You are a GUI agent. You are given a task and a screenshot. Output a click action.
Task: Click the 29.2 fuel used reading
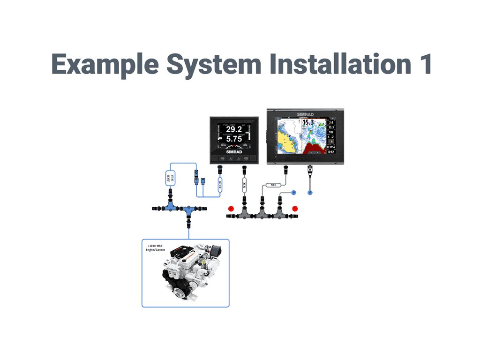pos(234,129)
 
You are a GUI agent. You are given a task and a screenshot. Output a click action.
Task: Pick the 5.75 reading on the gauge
pos(234,139)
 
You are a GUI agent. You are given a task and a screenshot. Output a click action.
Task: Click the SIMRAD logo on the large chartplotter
pos(307,113)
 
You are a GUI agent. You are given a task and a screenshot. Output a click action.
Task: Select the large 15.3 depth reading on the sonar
pos(308,123)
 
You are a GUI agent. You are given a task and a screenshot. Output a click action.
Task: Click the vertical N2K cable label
pos(244,184)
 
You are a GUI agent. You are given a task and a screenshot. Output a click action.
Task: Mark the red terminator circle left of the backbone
pos(231,208)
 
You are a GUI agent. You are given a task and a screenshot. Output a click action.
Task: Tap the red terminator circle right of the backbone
pos(295,208)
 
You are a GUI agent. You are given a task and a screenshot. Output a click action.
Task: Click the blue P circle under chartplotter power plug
pos(309,192)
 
